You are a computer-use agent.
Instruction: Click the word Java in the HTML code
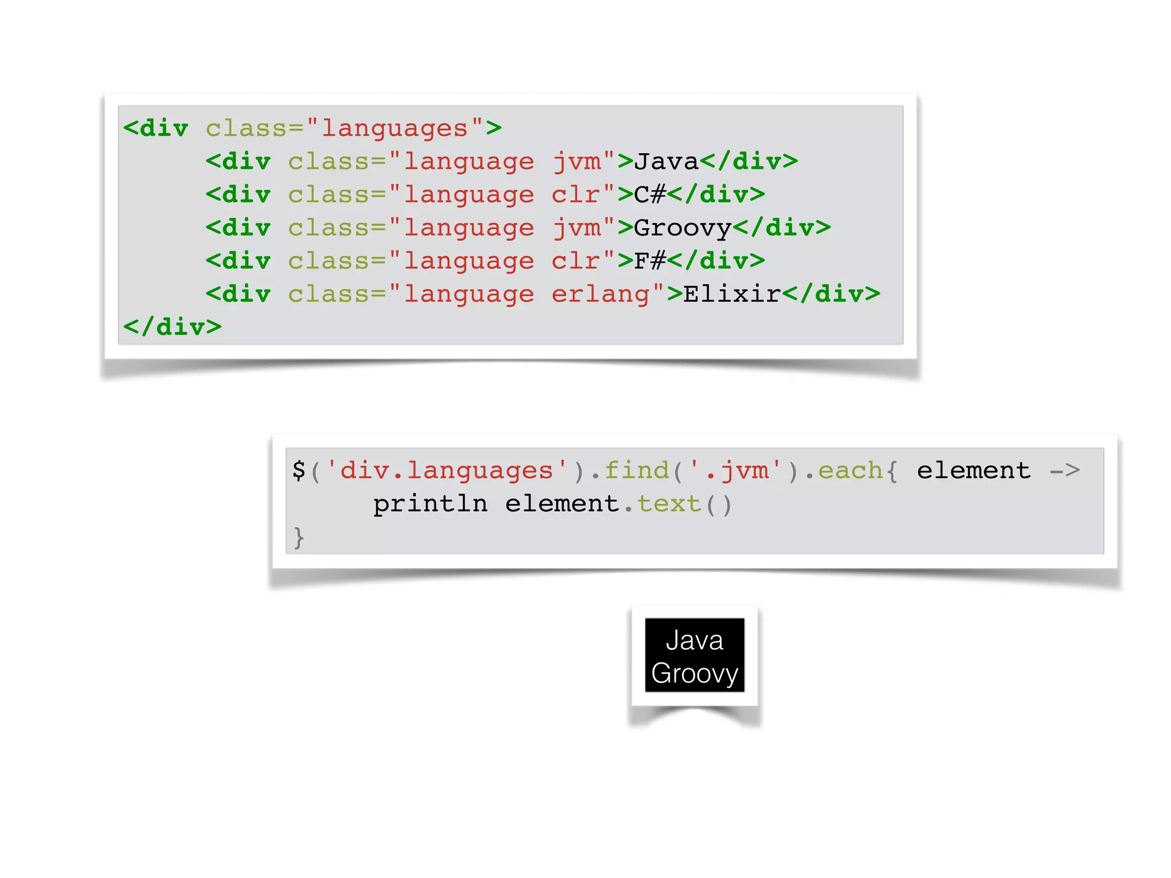666,162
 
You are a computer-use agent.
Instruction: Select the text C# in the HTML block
650,195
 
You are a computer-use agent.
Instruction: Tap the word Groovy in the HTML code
683,229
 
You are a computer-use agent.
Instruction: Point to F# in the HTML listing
650,261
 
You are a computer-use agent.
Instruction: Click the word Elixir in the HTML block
732,294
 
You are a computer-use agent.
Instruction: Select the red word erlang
600,294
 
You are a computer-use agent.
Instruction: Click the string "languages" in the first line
395,129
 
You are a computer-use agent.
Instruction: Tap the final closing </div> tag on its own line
172,327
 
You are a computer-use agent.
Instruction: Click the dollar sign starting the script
298,470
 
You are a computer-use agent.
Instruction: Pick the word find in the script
636,470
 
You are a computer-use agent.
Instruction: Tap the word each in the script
850,470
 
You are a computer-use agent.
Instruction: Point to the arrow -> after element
1065,470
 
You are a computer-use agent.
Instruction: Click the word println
430,504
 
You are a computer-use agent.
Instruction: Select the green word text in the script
669,504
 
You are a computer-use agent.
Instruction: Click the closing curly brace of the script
298,537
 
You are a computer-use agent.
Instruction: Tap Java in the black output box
694,640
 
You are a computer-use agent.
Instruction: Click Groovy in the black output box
694,673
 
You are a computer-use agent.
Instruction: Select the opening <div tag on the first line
156,129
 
